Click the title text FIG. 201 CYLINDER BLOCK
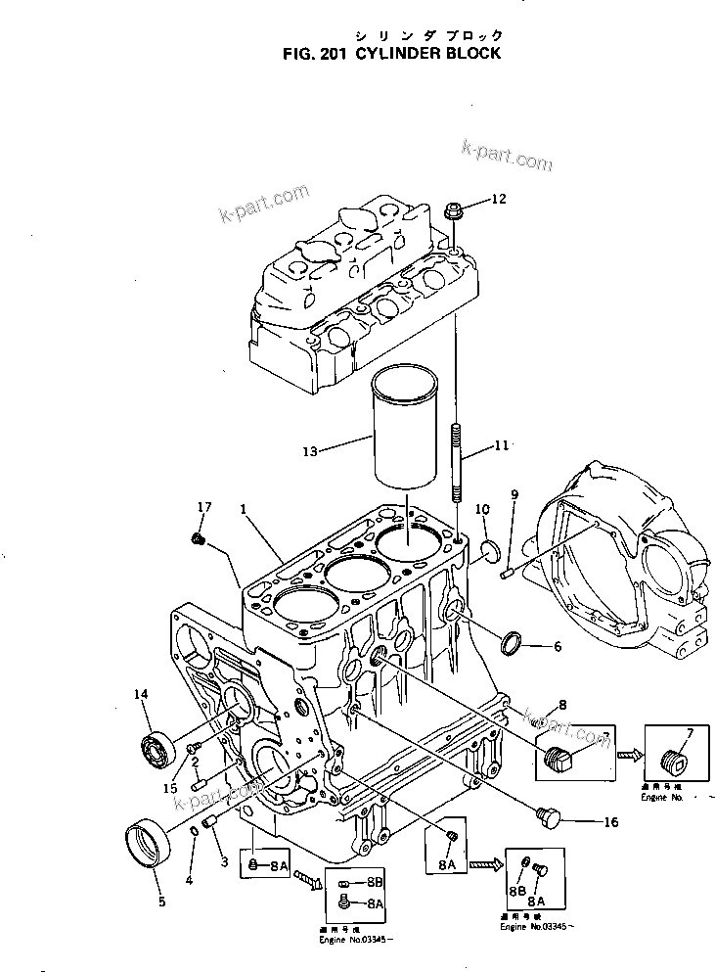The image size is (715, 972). tap(389, 53)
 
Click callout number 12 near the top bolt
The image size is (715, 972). tap(499, 200)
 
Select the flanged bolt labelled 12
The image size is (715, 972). tap(454, 209)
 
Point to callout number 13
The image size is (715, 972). tap(310, 452)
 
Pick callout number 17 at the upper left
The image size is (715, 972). tap(203, 507)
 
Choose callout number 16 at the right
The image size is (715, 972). tap(611, 822)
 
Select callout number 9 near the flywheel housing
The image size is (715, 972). tap(514, 494)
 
